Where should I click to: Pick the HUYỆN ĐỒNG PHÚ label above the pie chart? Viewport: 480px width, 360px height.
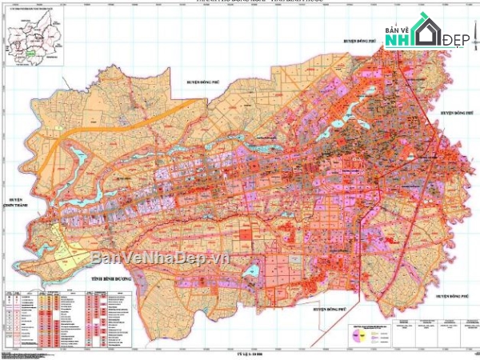click(x=328, y=307)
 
